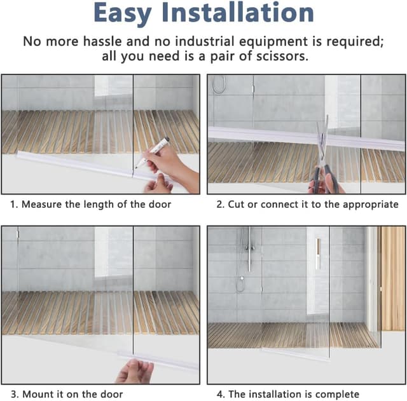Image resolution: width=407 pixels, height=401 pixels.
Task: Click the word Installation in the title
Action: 238,12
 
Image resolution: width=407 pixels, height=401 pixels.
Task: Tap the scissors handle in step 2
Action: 325,179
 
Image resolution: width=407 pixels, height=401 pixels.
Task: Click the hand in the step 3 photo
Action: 135,371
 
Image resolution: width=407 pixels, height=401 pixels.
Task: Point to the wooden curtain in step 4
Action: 392,278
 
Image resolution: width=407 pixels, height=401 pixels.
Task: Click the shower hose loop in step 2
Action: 219,85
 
